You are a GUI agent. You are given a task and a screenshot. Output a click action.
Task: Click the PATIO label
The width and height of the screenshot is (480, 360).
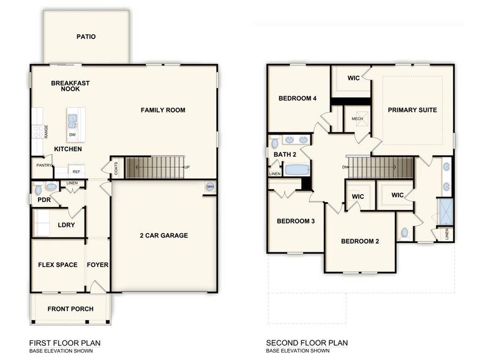[x=86, y=37]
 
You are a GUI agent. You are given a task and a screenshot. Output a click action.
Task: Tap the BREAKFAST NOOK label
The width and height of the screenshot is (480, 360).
[x=70, y=86]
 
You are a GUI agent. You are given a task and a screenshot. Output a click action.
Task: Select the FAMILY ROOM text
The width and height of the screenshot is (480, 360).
[x=163, y=110]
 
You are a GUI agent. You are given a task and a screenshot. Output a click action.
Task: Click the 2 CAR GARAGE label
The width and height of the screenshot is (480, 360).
[x=163, y=235]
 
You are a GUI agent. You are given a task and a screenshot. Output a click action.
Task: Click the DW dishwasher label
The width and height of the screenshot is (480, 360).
[x=73, y=135]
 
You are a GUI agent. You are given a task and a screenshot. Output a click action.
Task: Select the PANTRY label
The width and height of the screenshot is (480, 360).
[x=44, y=165]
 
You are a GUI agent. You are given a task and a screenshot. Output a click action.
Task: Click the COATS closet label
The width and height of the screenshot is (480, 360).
[x=116, y=167]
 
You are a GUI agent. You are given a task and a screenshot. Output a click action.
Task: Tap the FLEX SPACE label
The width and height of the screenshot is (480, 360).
[x=58, y=265]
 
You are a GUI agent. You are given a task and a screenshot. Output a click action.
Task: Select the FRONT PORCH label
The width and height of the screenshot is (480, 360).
[x=70, y=309]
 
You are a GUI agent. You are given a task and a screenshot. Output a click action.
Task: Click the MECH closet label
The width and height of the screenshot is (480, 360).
[x=357, y=119]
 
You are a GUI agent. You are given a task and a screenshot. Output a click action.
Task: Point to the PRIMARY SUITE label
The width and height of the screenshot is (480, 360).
[x=412, y=110]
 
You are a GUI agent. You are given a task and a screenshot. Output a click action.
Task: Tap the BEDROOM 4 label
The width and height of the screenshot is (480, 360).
[x=298, y=99]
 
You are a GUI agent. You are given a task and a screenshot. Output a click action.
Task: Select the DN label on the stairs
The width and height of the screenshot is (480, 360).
[x=346, y=167]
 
